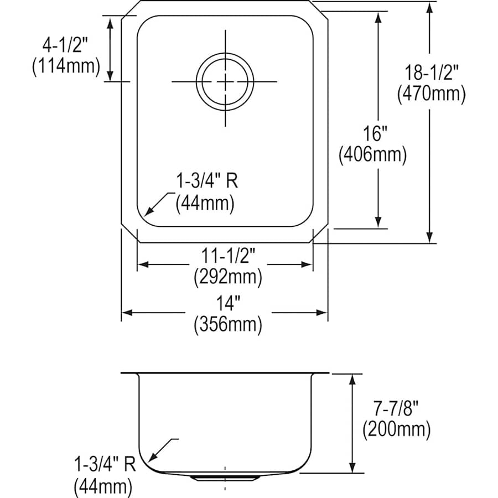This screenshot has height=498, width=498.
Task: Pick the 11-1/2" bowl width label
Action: click(227, 256)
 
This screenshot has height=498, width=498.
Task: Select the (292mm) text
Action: click(227, 276)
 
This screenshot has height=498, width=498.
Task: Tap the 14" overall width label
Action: click(227, 303)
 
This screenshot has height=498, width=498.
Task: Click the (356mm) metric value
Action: click(227, 324)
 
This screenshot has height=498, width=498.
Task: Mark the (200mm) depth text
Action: click(396, 429)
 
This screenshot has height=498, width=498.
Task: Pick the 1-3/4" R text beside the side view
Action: click(103, 464)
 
